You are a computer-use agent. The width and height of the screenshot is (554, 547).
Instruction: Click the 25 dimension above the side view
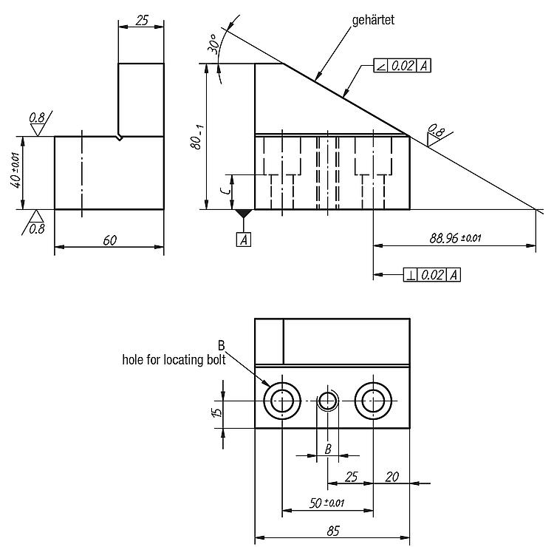click(x=141, y=21)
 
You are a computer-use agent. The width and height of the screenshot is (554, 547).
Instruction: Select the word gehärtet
click(x=373, y=20)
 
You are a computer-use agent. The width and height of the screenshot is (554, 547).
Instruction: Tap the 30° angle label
click(x=215, y=45)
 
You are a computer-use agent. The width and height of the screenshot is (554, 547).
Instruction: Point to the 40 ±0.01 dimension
click(x=16, y=172)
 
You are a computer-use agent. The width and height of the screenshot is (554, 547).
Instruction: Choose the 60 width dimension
click(x=109, y=241)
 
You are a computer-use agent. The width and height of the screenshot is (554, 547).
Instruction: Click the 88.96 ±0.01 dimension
click(x=455, y=238)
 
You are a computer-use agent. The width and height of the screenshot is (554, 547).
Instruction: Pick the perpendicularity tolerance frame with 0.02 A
click(x=433, y=275)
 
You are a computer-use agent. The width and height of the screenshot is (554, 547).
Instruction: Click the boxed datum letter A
click(x=244, y=239)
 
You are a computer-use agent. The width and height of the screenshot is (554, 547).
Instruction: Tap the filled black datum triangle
click(x=244, y=214)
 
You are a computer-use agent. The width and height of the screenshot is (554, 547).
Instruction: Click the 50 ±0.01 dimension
click(x=326, y=503)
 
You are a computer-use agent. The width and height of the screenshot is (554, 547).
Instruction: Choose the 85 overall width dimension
click(x=332, y=530)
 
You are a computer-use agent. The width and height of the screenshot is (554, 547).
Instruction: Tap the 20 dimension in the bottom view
click(x=391, y=477)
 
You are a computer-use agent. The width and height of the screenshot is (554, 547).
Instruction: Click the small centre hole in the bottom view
click(x=327, y=401)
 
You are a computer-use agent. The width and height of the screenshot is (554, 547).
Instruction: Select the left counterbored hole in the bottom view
click(x=281, y=401)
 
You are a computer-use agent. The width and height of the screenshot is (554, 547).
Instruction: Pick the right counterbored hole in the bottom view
click(x=373, y=401)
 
